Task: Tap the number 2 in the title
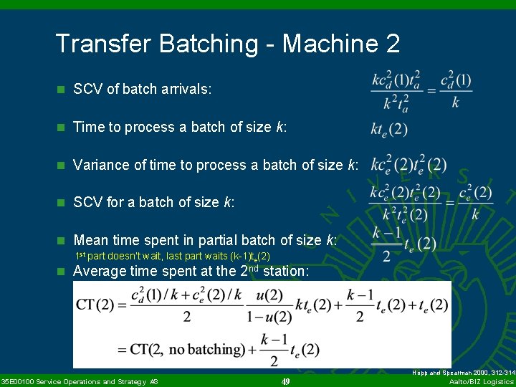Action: pos(392,44)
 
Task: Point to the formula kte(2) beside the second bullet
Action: pos(389,129)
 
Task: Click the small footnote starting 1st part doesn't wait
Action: pos(173,256)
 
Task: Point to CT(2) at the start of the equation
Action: pos(95,305)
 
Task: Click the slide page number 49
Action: pos(285,381)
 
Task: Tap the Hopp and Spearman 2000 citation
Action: pos(464,373)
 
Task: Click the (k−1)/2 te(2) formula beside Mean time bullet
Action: pos(403,244)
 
